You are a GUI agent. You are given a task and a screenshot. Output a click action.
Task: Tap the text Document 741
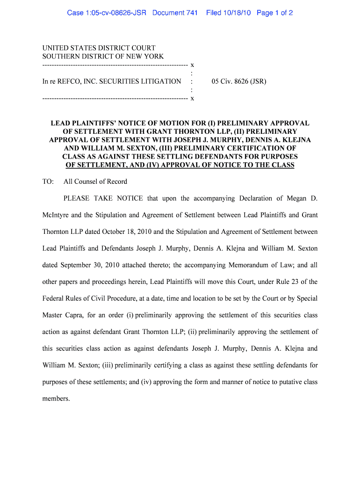(175, 13)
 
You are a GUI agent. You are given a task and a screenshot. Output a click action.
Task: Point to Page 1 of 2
(274, 13)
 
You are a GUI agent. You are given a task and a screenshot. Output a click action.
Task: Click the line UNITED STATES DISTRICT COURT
(99, 48)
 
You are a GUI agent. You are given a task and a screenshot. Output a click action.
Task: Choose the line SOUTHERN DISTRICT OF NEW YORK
(103, 56)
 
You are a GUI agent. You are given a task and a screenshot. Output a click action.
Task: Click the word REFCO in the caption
(70, 81)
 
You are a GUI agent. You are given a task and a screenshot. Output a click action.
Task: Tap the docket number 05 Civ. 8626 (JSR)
(239, 81)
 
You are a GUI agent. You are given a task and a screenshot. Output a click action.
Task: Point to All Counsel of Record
(95, 181)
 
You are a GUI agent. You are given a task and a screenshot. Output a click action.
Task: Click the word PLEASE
(77, 198)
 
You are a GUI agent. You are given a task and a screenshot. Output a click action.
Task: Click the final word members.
(56, 399)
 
